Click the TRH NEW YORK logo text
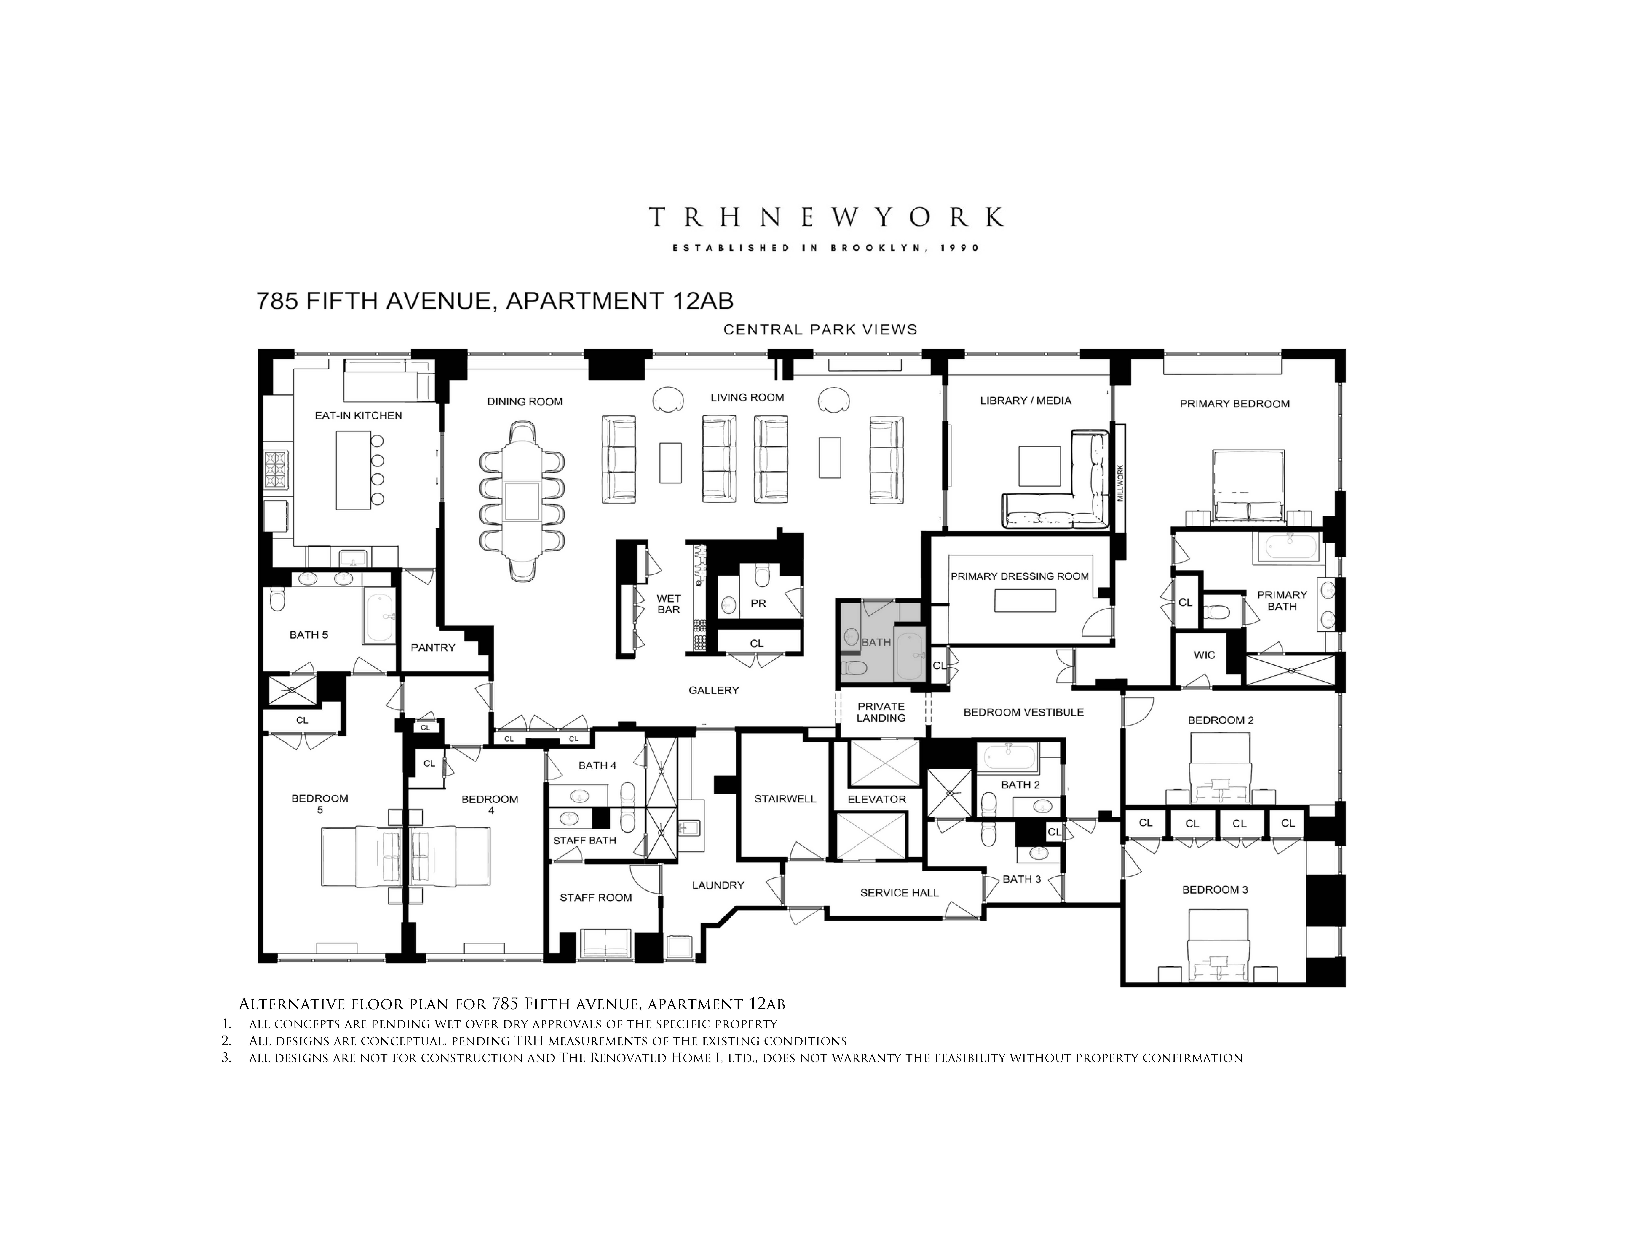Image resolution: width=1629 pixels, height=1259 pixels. click(x=826, y=217)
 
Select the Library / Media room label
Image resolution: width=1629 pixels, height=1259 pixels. click(x=1026, y=401)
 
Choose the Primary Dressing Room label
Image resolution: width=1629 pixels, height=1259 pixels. click(x=1020, y=576)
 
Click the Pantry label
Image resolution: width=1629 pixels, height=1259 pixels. click(x=433, y=647)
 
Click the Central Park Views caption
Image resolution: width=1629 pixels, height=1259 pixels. click(x=820, y=330)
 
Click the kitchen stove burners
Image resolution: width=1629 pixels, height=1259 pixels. click(x=275, y=469)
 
